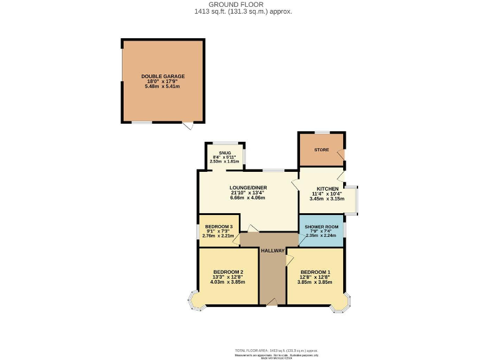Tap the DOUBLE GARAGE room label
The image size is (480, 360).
[162, 76]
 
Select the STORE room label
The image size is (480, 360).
[321, 150]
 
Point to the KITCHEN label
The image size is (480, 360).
[327, 189]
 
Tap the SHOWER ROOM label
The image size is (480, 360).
[322, 227]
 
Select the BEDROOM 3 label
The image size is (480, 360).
[218, 227]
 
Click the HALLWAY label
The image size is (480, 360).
[272, 251]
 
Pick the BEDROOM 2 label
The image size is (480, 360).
[228, 272]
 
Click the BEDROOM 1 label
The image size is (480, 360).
[315, 272]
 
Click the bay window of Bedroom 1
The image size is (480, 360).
[342, 301]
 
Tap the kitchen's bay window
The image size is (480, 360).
[352, 199]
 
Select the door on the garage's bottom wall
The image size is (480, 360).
[187, 126]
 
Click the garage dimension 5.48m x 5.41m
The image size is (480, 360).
[162, 86]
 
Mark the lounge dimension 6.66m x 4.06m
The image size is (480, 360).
[247, 197]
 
